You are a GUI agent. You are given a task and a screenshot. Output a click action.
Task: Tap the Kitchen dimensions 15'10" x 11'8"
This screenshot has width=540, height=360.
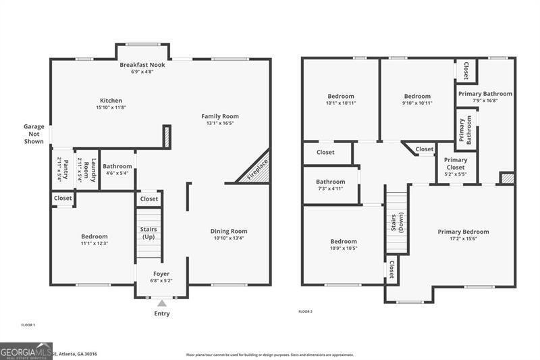pos(111,107)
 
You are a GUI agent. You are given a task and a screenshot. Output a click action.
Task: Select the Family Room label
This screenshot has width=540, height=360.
pos(220,116)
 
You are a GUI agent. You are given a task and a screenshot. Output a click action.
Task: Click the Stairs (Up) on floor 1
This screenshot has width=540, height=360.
pos(148,234)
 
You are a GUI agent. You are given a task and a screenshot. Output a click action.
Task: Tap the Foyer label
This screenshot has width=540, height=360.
pos(161,273)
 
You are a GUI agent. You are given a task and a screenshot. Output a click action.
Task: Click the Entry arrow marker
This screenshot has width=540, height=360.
pos(161,303)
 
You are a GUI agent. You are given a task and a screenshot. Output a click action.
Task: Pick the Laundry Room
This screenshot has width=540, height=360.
pos(86,170)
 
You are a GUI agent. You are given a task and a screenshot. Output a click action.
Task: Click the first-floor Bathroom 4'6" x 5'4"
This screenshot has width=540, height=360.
pos(117,169)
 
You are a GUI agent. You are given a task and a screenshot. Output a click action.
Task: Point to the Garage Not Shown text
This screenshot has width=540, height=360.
pos(34,134)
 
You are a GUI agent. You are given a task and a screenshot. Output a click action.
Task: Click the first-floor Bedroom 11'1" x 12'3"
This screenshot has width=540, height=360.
pos(94,240)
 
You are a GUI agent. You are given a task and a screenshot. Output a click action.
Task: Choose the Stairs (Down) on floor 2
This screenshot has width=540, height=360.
pos(397,223)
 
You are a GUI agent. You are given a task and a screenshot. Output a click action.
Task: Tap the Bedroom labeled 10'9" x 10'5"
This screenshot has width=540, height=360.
pos(344,245)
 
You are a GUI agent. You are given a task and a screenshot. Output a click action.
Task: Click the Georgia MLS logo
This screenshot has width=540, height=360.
pos(26,351)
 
